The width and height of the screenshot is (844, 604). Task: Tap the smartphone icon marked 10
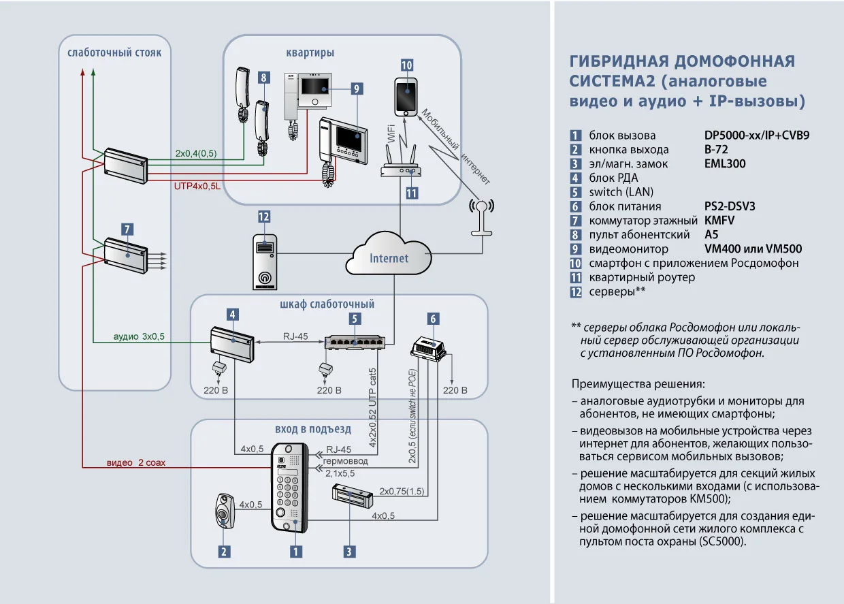tap(407, 96)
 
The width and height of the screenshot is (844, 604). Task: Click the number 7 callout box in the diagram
tap(127, 229)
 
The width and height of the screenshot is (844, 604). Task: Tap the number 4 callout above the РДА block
tap(233, 315)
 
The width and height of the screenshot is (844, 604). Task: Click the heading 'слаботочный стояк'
tap(114, 52)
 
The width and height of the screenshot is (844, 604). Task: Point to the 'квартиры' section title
tap(310, 52)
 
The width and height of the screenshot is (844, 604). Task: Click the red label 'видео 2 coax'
tap(135, 462)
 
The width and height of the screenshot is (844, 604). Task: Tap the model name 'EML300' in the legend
tap(725, 163)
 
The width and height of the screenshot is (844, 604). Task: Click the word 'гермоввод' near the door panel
tap(347, 461)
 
